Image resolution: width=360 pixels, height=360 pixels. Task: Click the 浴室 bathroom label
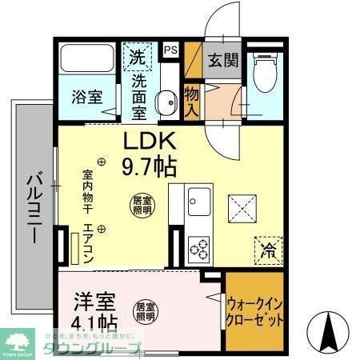pos(87,97)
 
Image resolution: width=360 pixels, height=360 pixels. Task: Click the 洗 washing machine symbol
pos(138,58)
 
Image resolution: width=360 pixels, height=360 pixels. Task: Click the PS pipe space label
pos(170,50)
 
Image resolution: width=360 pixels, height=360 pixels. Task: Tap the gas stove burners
pos(199,247)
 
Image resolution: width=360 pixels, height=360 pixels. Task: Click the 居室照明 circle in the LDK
pos(141,204)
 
